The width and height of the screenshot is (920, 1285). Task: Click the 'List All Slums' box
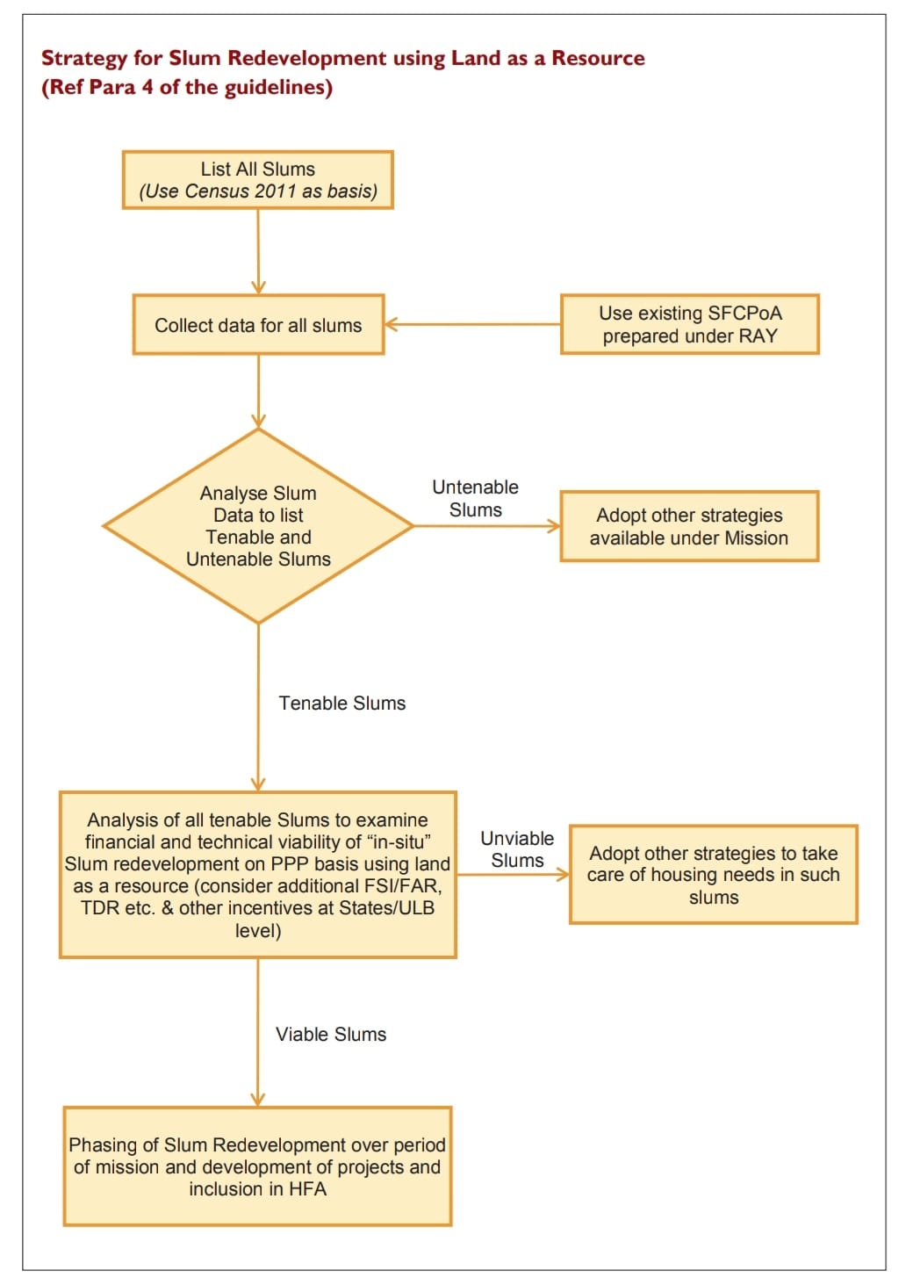point(257,180)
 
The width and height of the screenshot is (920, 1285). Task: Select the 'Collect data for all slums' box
point(258,325)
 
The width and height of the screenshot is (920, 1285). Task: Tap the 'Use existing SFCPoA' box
point(689,324)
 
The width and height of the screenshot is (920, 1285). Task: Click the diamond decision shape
point(258,526)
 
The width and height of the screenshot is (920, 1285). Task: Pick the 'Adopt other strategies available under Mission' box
point(689,526)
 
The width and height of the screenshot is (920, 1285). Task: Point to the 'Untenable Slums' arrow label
point(475,499)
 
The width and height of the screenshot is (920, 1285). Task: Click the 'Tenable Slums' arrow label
point(342,704)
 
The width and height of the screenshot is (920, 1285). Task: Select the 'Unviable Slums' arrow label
point(517,850)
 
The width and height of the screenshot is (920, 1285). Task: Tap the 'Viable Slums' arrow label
point(331,1035)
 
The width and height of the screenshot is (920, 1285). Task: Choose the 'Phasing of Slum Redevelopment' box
point(257,1166)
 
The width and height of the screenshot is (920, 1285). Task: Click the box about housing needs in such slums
point(713,875)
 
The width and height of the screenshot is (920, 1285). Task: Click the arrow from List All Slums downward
point(258,251)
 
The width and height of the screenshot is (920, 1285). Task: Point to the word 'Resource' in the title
point(598,59)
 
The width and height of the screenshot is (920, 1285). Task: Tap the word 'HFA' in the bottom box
point(306,1189)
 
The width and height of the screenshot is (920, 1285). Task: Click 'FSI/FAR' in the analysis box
point(404,886)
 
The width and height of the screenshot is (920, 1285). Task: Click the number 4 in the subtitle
point(147,88)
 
